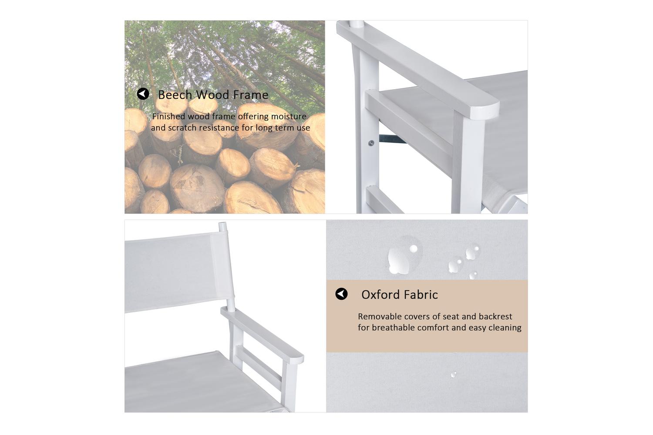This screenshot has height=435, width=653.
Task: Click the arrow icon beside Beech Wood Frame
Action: (143, 94)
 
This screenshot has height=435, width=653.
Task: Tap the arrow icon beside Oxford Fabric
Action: (341, 294)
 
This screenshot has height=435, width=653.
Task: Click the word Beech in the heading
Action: (175, 95)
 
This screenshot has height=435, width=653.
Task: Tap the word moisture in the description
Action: (289, 117)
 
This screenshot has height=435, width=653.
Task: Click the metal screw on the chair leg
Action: (371, 143)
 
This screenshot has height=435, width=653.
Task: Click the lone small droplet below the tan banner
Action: (454, 375)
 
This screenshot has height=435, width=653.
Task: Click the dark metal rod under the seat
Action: (392, 139)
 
